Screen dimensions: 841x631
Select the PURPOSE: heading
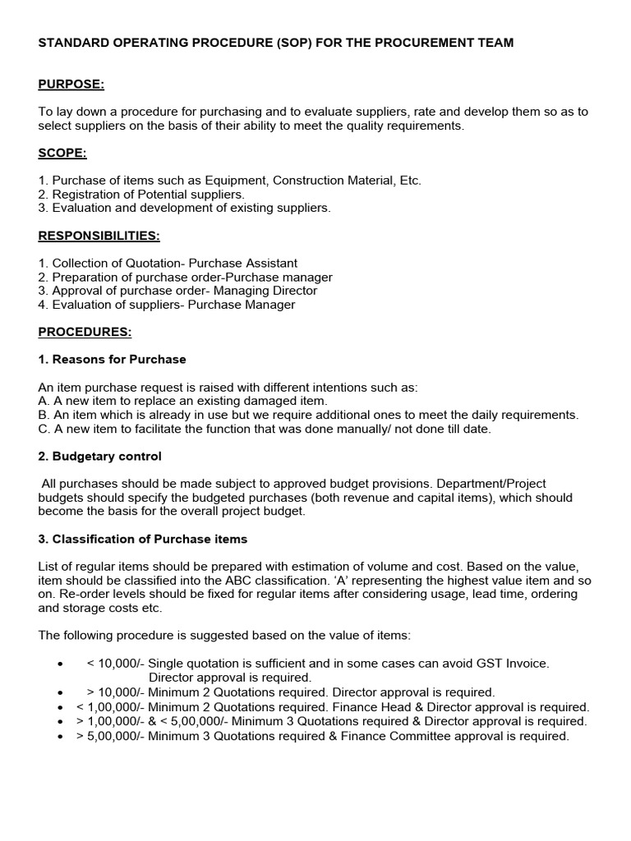(x=71, y=85)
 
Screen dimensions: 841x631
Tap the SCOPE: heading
(x=62, y=153)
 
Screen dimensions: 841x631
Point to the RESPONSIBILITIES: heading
(x=99, y=236)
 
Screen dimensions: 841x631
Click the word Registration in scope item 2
(x=86, y=195)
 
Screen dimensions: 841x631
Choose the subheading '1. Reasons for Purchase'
(x=112, y=360)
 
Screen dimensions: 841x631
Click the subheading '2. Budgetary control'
(x=100, y=456)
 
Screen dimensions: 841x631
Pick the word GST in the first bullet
(x=483, y=664)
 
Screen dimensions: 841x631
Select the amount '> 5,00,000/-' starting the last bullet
(x=114, y=736)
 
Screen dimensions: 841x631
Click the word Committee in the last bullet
(x=459, y=736)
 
